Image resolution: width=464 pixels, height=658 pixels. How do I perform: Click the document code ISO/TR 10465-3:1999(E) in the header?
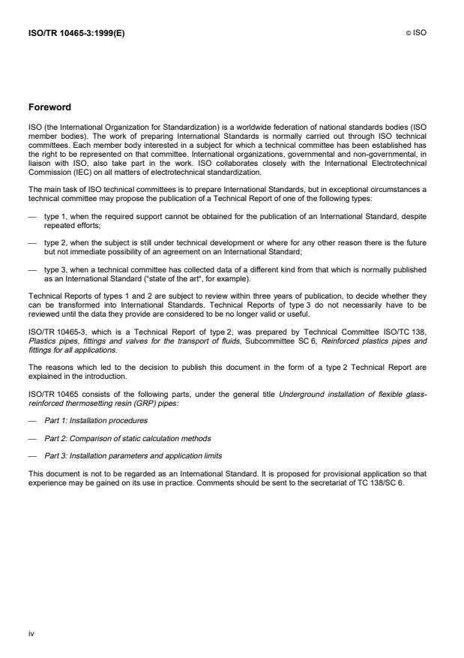73,33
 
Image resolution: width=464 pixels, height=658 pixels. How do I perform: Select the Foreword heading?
49,107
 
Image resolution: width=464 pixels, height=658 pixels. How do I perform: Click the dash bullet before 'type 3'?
32,269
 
